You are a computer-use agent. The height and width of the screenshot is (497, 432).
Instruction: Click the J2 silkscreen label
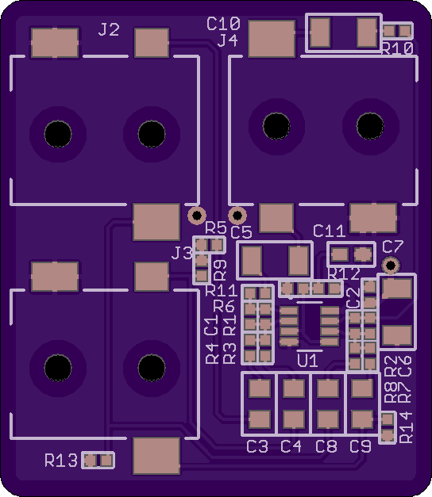(109, 30)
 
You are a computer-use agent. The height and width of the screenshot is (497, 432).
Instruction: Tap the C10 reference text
(223, 24)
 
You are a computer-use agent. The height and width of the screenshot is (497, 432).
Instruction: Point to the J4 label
(227, 40)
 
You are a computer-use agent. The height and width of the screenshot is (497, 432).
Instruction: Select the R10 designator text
(397, 49)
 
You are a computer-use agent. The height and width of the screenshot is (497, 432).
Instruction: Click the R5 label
(216, 227)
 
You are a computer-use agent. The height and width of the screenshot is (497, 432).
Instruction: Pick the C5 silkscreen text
(241, 232)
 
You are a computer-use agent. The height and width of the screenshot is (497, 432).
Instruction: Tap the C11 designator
(329, 231)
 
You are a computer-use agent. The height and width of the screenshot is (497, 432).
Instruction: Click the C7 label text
(393, 247)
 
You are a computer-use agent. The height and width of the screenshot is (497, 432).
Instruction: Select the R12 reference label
(344, 273)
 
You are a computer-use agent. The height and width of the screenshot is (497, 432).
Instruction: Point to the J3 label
(182, 253)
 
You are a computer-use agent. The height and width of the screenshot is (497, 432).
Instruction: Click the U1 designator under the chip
(307, 361)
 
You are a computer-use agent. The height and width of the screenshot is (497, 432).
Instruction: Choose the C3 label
(257, 446)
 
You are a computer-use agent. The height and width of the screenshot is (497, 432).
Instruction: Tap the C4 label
(291, 446)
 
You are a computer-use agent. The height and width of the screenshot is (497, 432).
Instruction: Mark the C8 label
(326, 446)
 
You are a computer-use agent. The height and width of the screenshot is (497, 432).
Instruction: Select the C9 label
(361, 446)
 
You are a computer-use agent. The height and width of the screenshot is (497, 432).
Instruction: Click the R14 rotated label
(406, 427)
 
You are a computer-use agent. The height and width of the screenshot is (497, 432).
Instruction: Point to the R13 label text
(61, 461)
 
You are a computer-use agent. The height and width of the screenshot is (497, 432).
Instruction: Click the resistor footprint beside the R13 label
(98, 461)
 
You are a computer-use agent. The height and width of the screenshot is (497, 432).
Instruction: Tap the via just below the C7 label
(391, 265)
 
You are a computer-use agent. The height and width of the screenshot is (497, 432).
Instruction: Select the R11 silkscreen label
(222, 291)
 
